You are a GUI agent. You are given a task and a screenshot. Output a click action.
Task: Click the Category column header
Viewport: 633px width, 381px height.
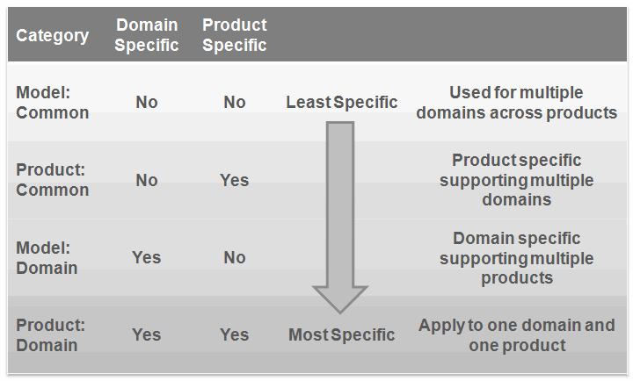(53, 35)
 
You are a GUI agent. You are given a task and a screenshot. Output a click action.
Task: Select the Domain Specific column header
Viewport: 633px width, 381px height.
(147, 35)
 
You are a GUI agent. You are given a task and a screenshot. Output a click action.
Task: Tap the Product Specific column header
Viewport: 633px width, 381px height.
(235, 35)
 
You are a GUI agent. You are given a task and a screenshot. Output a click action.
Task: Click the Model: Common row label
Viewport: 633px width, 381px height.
(53, 103)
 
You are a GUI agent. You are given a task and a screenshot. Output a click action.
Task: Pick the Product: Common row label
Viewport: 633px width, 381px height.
(53, 180)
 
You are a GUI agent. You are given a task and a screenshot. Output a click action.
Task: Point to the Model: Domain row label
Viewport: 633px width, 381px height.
(47, 257)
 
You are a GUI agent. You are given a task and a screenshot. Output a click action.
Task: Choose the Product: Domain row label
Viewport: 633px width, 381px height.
(50, 335)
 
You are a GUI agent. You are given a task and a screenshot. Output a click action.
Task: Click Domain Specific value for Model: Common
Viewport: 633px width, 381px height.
(147, 103)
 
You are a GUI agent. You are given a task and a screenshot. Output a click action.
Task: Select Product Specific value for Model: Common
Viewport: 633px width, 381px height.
(235, 103)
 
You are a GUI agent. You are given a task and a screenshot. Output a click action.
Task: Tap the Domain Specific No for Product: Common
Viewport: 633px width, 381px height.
(147, 180)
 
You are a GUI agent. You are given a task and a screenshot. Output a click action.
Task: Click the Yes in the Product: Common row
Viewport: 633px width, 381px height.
(235, 180)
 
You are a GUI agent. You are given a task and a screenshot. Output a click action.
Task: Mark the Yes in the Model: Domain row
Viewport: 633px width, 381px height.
(147, 257)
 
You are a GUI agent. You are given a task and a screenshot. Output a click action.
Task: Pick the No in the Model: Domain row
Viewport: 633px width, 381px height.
(235, 257)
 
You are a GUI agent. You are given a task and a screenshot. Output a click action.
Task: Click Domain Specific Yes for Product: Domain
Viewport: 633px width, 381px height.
(147, 335)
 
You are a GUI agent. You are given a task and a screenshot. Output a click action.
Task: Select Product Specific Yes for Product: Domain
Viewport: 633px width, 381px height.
(235, 335)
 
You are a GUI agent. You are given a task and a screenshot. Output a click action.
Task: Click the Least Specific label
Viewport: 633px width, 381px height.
(342, 103)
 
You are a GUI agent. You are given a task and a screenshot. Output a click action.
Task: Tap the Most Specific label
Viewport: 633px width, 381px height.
(341, 335)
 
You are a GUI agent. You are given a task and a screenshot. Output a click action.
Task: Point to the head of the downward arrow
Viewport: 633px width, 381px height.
(340, 313)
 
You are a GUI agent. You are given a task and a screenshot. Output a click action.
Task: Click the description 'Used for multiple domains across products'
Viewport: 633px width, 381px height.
(517, 103)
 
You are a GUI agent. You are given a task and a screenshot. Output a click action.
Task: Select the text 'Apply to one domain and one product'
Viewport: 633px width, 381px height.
(517, 335)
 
